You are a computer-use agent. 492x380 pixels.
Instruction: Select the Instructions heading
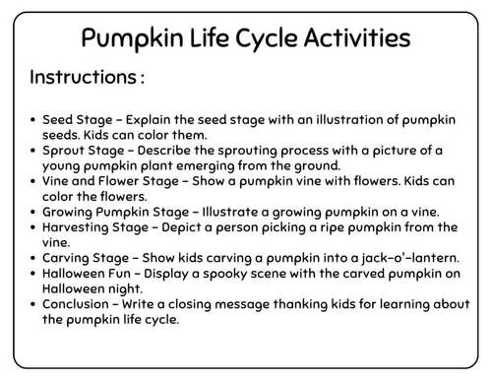point(87,77)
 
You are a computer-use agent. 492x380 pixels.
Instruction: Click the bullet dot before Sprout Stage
point(34,150)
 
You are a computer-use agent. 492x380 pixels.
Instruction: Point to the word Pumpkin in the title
point(125,38)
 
